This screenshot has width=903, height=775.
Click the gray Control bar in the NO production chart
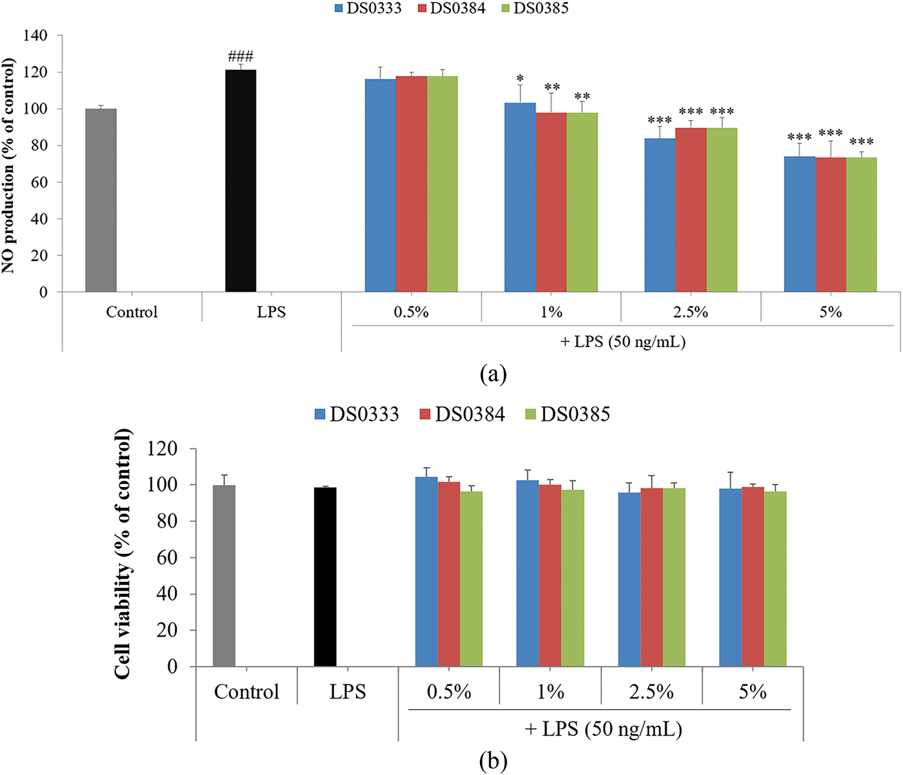click(x=101, y=200)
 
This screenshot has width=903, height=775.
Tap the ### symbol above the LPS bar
click(x=241, y=57)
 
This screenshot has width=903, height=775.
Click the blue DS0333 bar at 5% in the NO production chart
click(x=799, y=224)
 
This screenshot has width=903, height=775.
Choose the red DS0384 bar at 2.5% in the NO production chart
click(x=691, y=210)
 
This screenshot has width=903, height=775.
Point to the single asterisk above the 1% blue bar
click(x=520, y=79)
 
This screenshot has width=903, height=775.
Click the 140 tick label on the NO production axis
click(x=35, y=36)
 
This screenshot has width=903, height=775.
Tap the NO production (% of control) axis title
click(x=8, y=166)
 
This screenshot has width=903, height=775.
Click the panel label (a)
click(x=493, y=374)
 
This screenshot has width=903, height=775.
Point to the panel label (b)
click(x=493, y=761)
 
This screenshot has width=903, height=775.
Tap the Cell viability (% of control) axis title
click(x=122, y=554)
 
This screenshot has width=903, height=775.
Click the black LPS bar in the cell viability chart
click(x=325, y=577)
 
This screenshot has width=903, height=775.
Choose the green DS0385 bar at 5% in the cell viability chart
click(x=775, y=579)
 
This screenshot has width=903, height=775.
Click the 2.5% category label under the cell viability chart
click(x=651, y=692)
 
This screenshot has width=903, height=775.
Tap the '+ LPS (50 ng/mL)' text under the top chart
click(x=623, y=342)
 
